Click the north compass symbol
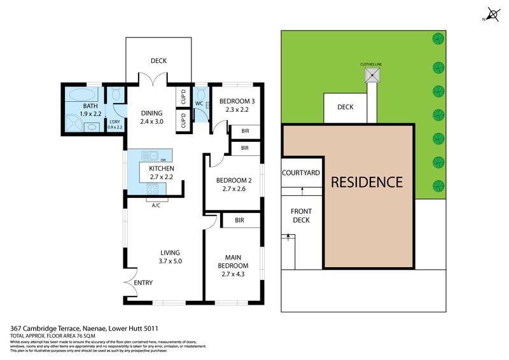(x=492, y=13)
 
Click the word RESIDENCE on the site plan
(x=366, y=182)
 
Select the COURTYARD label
(x=301, y=173)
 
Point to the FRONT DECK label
(x=300, y=216)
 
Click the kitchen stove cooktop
(x=153, y=188)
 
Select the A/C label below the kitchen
(x=155, y=205)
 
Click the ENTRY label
(x=143, y=282)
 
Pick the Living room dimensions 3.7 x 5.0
(x=170, y=261)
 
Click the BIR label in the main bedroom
(x=240, y=220)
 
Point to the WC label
(x=199, y=103)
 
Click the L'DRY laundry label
(x=115, y=121)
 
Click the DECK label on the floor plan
(x=158, y=61)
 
